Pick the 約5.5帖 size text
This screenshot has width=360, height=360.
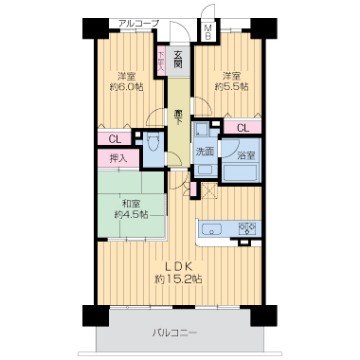click(x=231, y=86)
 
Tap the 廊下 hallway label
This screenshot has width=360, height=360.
click(x=178, y=115)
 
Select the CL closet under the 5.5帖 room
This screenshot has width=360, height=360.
click(x=242, y=128)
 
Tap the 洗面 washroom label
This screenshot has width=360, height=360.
click(x=204, y=152)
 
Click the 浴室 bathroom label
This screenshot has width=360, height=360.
click(x=243, y=153)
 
